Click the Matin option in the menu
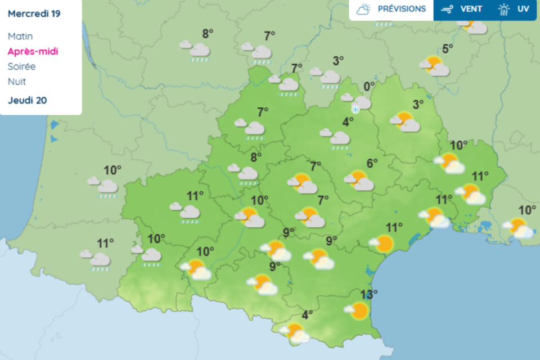pyautogui.click(x=20, y=36)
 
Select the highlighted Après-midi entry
pyautogui.click(x=33, y=51)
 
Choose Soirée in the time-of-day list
pyautogui.click(x=22, y=66)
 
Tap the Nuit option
pyautogui.click(x=17, y=82)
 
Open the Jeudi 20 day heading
pyautogui.click(x=28, y=101)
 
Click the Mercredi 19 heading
pyautogui.click(x=34, y=13)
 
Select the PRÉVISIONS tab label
pyautogui.click(x=402, y=9)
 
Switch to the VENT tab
pyautogui.click(x=471, y=9)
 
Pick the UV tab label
pyautogui.click(x=523, y=9)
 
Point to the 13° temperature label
pyautogui.click(x=369, y=293)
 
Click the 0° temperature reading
pyautogui.click(x=369, y=86)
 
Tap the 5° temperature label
pyautogui.click(x=447, y=49)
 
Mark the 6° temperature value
pyautogui.click(x=372, y=164)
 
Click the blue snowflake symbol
pyautogui.click(x=355, y=109)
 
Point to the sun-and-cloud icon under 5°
pyautogui.click(x=435, y=66)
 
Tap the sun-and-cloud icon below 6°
pyautogui.click(x=359, y=180)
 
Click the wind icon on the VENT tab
pyautogui.click(x=448, y=10)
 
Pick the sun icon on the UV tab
pyautogui.click(x=504, y=10)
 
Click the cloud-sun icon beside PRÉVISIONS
pyautogui.click(x=364, y=10)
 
